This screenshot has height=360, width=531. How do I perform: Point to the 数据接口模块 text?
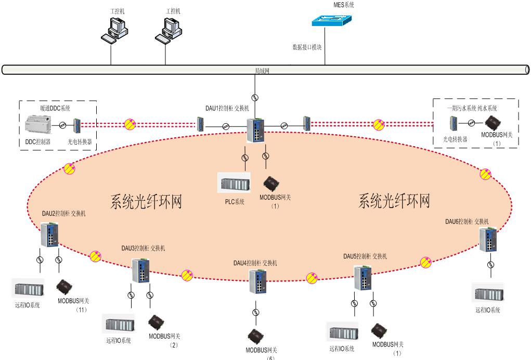point(307,47)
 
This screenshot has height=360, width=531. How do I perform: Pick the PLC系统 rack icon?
point(234,184)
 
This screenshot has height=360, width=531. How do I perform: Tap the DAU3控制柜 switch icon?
point(140,270)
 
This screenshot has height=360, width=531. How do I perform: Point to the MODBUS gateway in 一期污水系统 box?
point(493,123)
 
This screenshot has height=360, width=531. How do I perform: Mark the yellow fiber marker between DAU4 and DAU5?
point(312,278)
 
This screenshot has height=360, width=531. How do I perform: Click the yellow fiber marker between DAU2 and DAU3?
point(95,256)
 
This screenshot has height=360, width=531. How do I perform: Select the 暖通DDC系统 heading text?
point(55,108)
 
